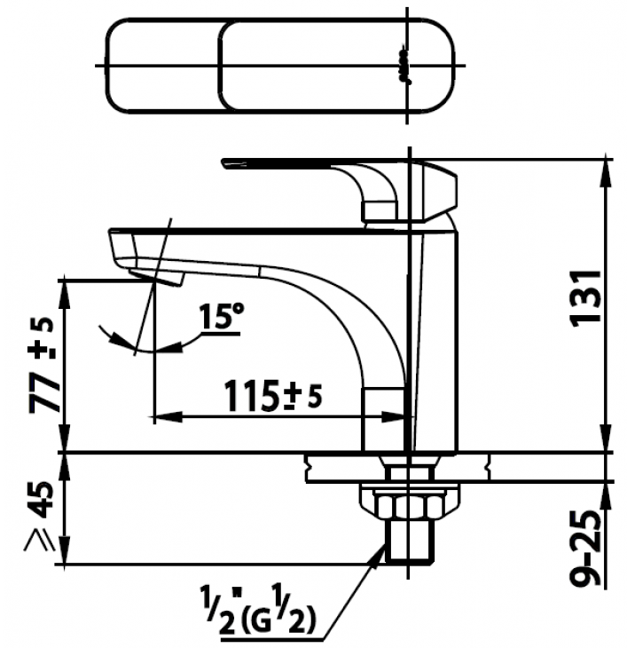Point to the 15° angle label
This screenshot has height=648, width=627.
pos(222,317)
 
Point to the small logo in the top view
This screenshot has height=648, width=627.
pos(404,65)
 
